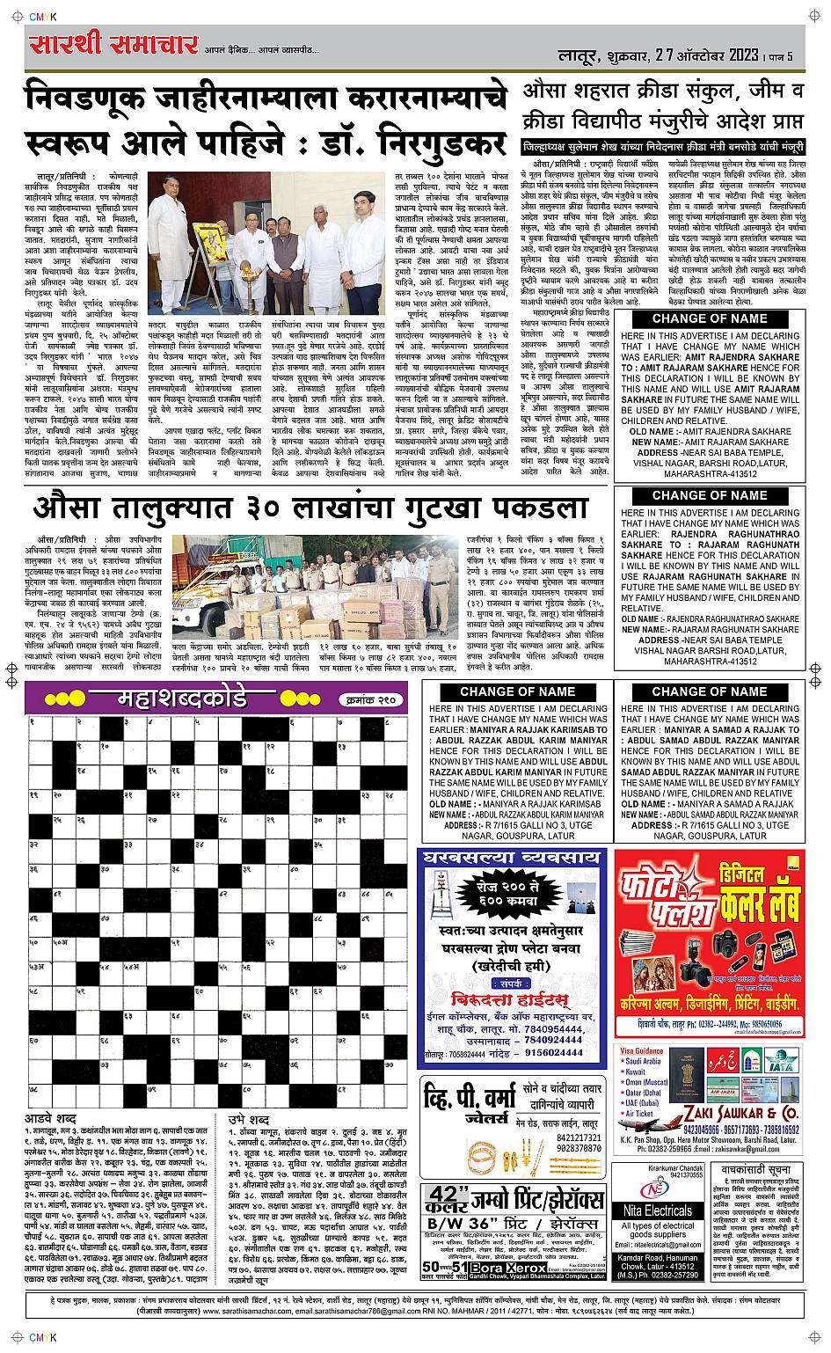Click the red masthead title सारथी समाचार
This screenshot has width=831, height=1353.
[x=113, y=44]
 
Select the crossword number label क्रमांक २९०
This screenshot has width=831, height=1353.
[x=368, y=700]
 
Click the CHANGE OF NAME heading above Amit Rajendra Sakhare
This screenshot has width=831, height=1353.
[x=709, y=318]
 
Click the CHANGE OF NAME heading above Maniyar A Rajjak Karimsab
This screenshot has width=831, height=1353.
[x=517, y=691]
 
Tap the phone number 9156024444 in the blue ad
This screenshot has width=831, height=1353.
[x=553, y=1052]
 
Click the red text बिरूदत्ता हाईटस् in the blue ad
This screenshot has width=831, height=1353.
[x=510, y=999]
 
